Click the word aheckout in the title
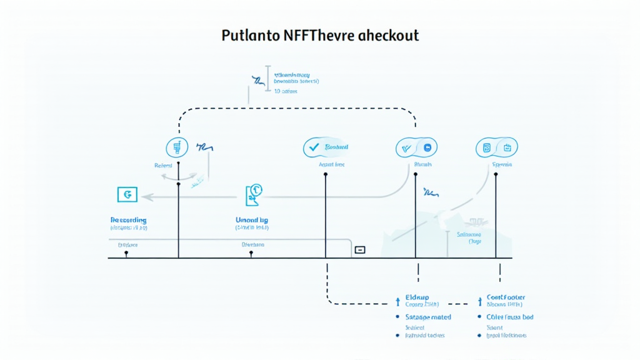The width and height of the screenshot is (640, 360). pos(389,36)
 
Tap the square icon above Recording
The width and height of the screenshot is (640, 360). pos(127,194)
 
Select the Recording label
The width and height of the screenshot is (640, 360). pos(128,221)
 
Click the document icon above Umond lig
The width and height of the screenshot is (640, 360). pos(254,193)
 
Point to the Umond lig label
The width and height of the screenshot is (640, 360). pos(252,221)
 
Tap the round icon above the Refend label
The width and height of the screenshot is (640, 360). pos(177,147)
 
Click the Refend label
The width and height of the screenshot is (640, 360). pos(163,166)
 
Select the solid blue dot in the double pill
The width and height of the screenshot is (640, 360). pos(428,148)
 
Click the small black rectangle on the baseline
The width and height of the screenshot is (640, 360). pos(359,250)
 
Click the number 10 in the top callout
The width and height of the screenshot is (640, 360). pos(277,91)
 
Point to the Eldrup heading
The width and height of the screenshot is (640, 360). pos(417,297)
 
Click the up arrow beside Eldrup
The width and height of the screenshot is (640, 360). pos(398,302)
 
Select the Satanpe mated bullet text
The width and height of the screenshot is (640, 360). pos(428,317)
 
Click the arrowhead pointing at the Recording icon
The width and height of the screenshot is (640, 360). pos(145,196)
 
